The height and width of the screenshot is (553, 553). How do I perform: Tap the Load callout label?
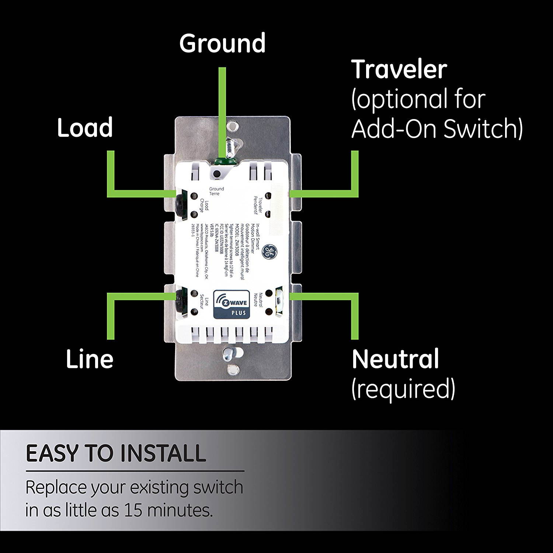click(85, 128)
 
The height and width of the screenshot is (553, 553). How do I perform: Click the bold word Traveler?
click(399, 69)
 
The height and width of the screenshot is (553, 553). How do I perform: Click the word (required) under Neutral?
click(403, 389)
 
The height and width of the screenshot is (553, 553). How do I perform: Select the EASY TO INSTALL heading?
click(116, 453)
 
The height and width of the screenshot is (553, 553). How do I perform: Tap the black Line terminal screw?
click(180, 300)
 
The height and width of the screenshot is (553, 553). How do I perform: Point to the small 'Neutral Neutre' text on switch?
click(258, 300)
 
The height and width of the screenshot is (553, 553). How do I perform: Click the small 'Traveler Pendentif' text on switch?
click(258, 205)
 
